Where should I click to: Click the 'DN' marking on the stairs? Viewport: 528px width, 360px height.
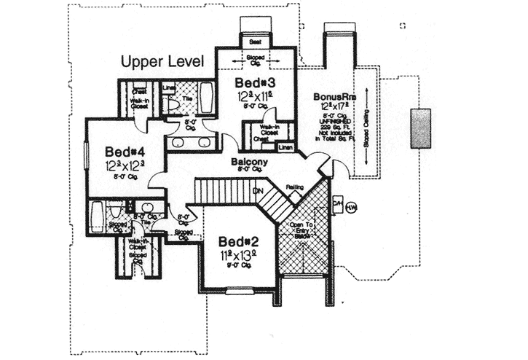[x=257, y=191]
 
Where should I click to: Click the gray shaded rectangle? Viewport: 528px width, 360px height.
[x=420, y=129]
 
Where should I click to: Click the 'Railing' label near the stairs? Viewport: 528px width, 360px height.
[x=294, y=187]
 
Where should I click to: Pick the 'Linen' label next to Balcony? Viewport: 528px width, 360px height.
[x=285, y=147]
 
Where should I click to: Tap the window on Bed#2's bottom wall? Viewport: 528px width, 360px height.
[x=238, y=291]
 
